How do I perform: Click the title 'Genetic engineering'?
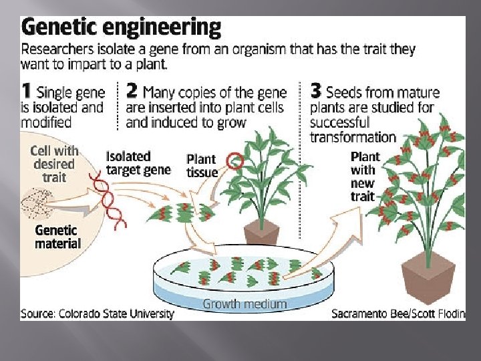point(121,27)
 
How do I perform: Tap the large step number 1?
point(27,92)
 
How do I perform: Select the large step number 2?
point(132,92)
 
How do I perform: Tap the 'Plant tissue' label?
point(202,166)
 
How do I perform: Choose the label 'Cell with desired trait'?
point(54,164)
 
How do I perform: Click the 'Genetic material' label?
point(57,237)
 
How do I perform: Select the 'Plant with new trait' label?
point(365,176)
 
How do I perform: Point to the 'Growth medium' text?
point(245,304)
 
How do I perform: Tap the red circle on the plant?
point(234,160)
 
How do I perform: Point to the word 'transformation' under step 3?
point(353,137)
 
